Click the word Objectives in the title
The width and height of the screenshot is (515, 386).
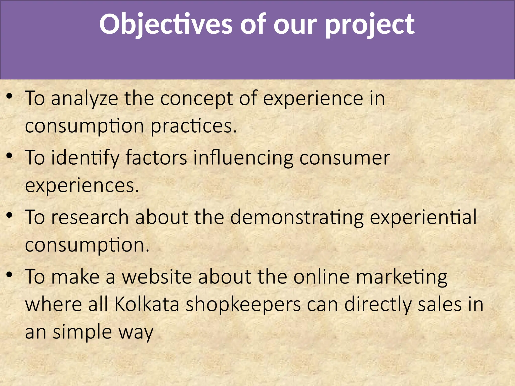point(166,24)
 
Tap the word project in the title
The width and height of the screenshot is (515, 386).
point(370,24)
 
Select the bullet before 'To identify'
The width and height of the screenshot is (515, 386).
point(9,156)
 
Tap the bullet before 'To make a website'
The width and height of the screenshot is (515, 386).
point(9,275)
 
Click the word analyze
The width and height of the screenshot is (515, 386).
point(84,99)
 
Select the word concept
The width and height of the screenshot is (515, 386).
point(196,99)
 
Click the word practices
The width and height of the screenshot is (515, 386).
point(193,126)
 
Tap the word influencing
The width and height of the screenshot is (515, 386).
point(243,158)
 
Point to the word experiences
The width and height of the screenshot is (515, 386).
point(82,186)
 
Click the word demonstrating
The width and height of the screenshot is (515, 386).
point(297,217)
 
